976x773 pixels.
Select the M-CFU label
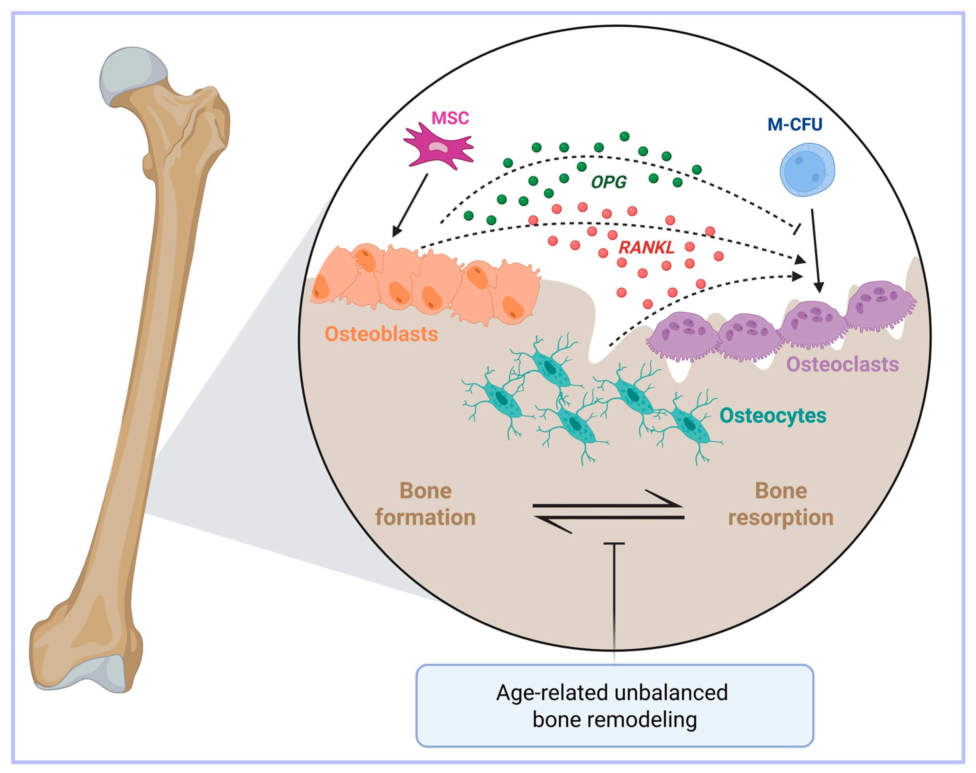pyautogui.click(x=795, y=124)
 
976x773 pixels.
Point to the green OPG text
pyautogui.click(x=608, y=182)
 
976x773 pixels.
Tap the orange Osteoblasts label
pyautogui.click(x=381, y=334)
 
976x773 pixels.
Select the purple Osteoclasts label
pyautogui.click(x=842, y=364)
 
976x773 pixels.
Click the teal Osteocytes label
pyautogui.click(x=772, y=416)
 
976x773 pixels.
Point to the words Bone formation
pyautogui.click(x=425, y=504)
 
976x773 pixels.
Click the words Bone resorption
pyautogui.click(x=781, y=504)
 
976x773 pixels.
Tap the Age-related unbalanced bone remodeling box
pyautogui.click(x=614, y=706)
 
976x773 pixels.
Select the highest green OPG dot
pyautogui.click(x=624, y=136)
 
